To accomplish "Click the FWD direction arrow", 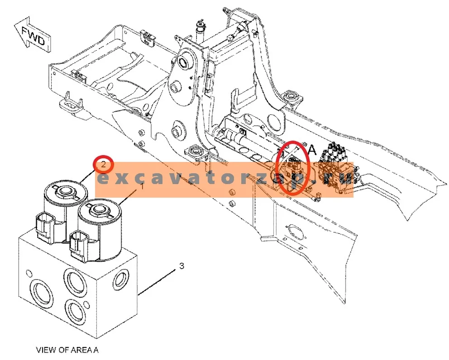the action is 33,35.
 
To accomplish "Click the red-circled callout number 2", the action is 103,165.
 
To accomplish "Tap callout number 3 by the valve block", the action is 182,266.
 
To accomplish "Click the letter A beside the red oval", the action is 312,150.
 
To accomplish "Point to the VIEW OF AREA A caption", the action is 67,350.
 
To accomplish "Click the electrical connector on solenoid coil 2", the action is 45,228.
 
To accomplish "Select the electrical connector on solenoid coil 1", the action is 78,247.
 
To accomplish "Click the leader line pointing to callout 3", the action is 156,282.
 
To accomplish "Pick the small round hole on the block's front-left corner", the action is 29,272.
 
